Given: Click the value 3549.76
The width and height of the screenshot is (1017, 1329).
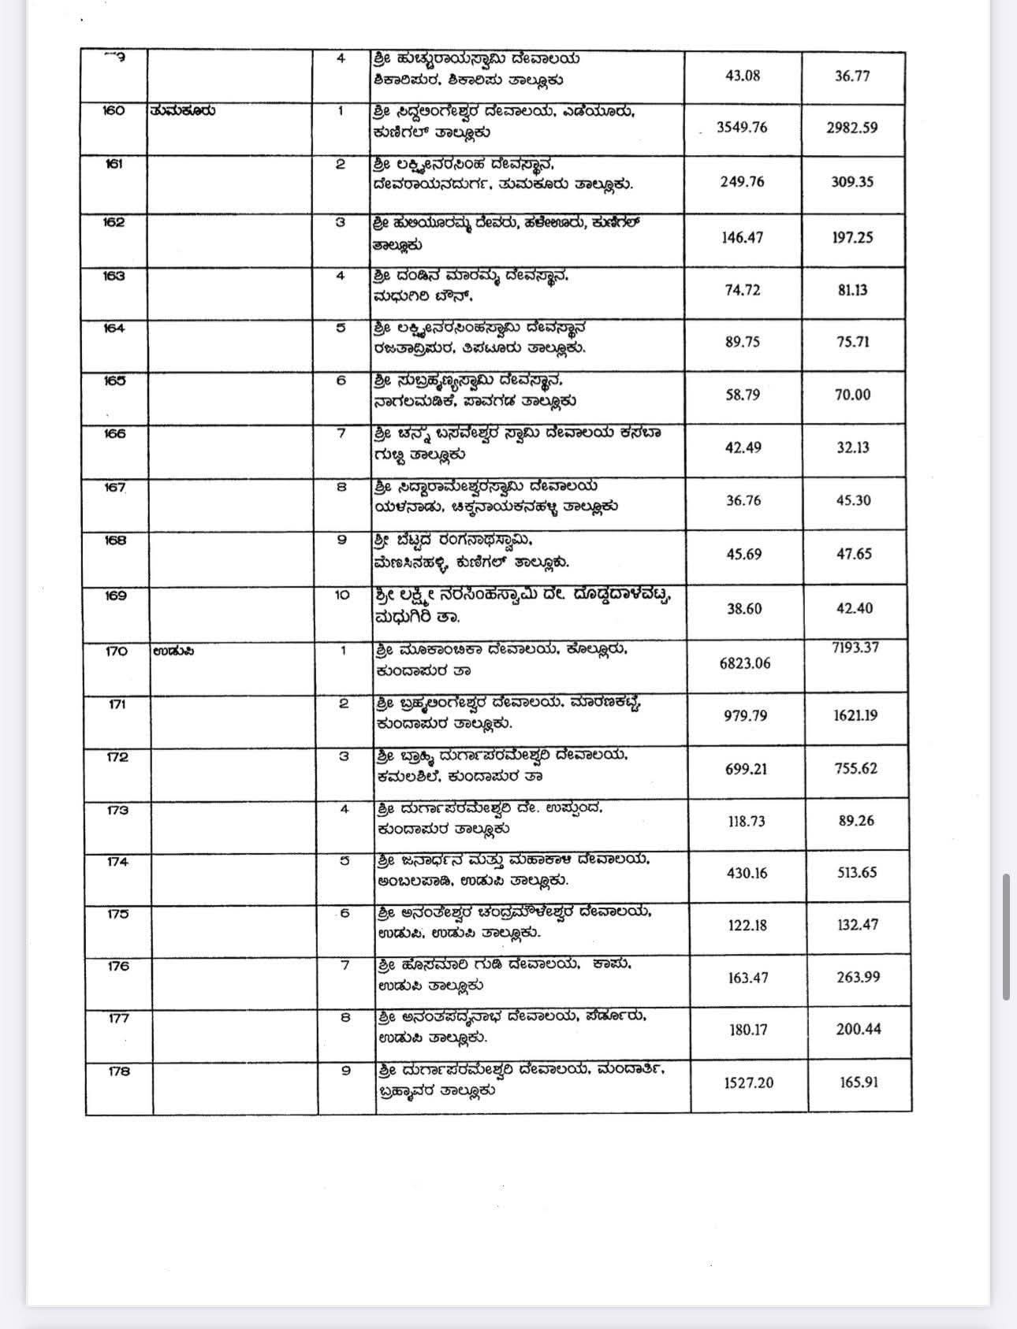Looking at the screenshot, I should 741,128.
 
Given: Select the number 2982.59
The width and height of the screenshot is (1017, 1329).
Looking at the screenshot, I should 851,128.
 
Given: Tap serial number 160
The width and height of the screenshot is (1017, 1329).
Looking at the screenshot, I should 114,111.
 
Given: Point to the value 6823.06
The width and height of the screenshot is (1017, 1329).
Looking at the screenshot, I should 744,663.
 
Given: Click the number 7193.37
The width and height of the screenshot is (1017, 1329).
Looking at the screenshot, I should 855,648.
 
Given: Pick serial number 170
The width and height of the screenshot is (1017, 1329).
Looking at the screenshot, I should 116,651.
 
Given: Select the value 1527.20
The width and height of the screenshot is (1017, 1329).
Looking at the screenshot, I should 748,1082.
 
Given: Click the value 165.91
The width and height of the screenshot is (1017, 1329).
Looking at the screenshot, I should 859,1082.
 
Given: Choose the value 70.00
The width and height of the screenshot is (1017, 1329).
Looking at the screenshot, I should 852,395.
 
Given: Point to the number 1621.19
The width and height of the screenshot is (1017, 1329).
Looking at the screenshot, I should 855,715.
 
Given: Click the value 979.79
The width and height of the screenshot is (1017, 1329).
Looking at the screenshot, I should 746,716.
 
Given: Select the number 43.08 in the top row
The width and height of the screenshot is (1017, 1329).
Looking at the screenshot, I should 742,76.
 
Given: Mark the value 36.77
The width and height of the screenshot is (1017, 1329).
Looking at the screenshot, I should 851,76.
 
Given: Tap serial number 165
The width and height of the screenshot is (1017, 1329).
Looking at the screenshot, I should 114,381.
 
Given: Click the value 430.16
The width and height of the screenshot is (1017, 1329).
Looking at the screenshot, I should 747,873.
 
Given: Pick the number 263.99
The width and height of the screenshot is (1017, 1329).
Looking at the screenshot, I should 858,977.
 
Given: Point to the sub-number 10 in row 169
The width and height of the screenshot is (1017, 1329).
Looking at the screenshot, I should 341,595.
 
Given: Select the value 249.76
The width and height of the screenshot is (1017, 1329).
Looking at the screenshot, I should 742,182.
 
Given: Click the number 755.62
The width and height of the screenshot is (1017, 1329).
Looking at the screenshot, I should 855,768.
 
